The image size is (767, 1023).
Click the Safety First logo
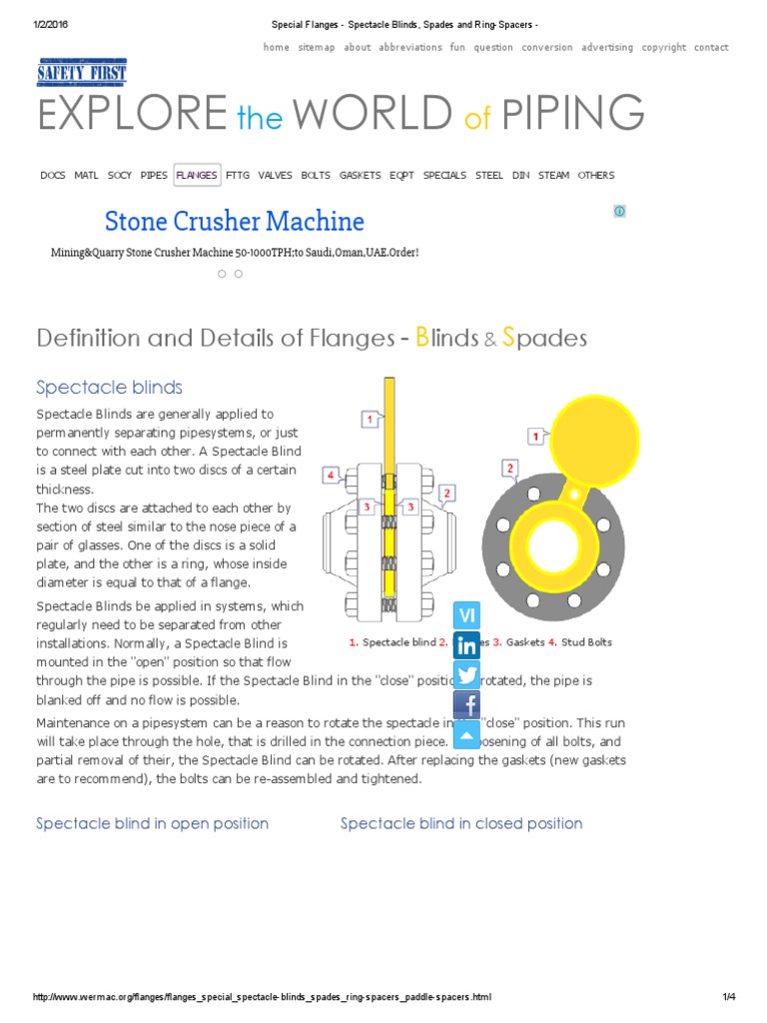[x=82, y=72]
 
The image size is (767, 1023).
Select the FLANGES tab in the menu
[x=196, y=175]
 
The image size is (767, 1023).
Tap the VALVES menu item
[x=275, y=175]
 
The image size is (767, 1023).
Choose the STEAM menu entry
[x=553, y=175]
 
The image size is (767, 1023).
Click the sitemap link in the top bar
[x=317, y=47]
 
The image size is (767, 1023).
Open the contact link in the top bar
[x=711, y=47]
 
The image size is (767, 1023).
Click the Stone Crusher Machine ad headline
[x=235, y=221]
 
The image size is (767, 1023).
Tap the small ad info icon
[x=619, y=211]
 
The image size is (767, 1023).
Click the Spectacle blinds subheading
[x=109, y=387]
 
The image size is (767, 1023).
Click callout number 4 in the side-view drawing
[x=331, y=476]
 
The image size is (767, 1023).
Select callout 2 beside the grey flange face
[x=509, y=468]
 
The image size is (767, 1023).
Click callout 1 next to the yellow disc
[x=536, y=437]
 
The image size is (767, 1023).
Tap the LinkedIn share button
[x=466, y=645]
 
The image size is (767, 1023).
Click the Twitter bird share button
[x=466, y=674]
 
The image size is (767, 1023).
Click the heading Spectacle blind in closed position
[x=461, y=823]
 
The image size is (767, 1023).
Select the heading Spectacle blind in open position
[x=152, y=823]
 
